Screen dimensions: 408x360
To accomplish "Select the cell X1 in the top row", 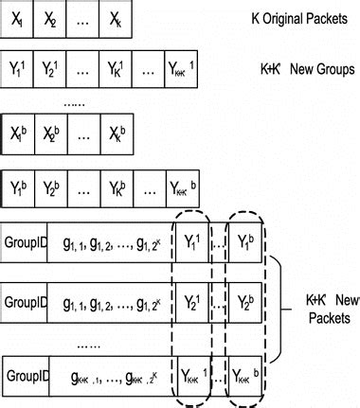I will click(21, 18).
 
